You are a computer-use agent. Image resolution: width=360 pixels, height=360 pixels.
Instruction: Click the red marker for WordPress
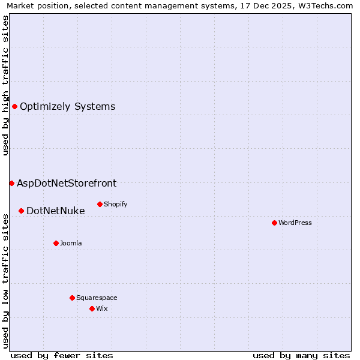click(274, 223)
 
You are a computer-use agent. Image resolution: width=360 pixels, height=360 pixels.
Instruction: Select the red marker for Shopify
click(100, 204)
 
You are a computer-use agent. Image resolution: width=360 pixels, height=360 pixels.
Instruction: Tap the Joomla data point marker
click(56, 243)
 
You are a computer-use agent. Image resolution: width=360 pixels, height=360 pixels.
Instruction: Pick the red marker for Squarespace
click(72, 298)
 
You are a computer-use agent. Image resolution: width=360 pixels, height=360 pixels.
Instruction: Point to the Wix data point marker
click(92, 308)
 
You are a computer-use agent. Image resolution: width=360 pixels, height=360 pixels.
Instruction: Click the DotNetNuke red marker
click(21, 211)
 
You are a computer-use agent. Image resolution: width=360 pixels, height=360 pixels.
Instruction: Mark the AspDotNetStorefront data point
click(11, 183)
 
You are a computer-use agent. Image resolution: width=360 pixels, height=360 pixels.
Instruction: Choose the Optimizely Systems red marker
click(14, 106)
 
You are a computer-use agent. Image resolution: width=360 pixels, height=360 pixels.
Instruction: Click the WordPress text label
click(295, 223)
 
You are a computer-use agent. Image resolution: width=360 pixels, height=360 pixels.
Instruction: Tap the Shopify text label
click(116, 204)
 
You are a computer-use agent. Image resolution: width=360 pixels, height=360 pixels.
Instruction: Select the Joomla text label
click(71, 243)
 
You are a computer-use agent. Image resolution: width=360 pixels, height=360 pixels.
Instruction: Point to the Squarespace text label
click(97, 298)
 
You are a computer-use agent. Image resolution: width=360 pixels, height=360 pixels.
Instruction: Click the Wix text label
click(102, 308)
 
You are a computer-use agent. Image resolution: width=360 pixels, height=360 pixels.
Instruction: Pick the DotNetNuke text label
click(56, 211)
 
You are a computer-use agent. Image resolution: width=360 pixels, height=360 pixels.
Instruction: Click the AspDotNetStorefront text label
click(67, 183)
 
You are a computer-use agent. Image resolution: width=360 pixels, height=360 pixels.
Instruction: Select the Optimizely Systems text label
click(68, 106)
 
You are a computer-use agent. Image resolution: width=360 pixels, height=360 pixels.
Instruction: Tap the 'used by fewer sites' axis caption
click(62, 355)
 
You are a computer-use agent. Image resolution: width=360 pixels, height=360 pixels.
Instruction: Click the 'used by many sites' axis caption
click(301, 355)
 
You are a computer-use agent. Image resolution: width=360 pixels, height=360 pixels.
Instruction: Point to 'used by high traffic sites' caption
click(5, 85)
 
